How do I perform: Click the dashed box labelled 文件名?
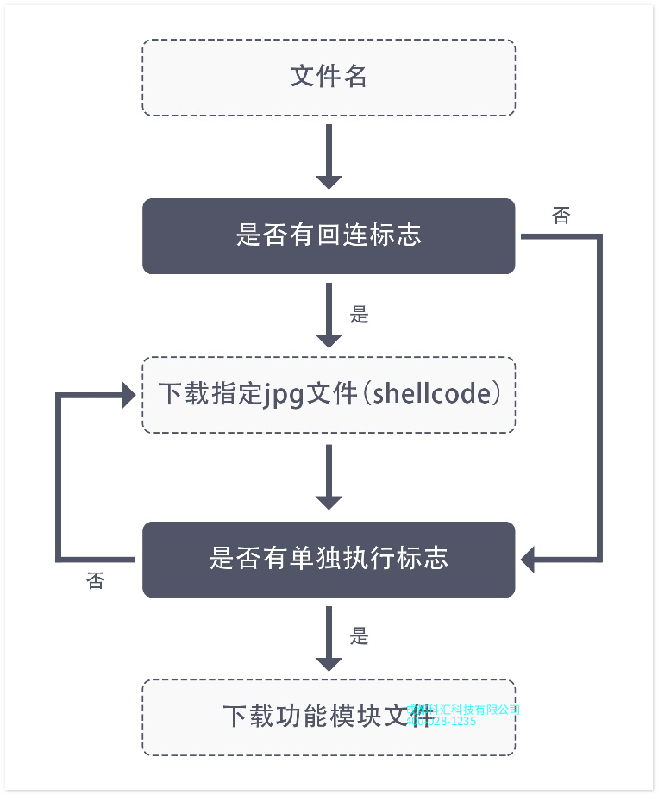click(329, 77)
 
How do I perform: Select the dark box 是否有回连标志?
click(329, 235)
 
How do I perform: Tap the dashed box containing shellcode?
click(329, 394)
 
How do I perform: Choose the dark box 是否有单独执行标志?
click(329, 559)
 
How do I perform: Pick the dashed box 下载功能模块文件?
click(329, 717)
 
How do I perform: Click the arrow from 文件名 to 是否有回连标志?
click(329, 157)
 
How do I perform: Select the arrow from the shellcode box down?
click(329, 477)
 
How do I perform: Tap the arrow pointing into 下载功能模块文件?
click(329, 638)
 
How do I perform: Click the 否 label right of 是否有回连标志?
click(561, 216)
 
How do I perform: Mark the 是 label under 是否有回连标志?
click(360, 315)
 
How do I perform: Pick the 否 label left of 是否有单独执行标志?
click(96, 581)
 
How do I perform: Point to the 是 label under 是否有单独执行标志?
click(360, 637)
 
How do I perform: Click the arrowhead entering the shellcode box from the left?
click(128, 395)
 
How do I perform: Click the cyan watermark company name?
click(463, 709)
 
